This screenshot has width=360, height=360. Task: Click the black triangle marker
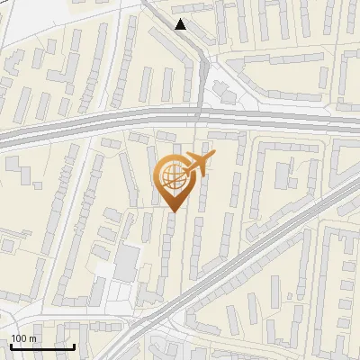(x=181, y=24)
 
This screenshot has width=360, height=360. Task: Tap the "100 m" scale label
(x=23, y=339)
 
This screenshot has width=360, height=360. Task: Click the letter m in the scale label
(x=32, y=339)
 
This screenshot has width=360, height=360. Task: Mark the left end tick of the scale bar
(x=11, y=345)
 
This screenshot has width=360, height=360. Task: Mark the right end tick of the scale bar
(x=75, y=345)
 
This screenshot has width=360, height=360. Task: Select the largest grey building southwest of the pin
(x=127, y=262)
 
